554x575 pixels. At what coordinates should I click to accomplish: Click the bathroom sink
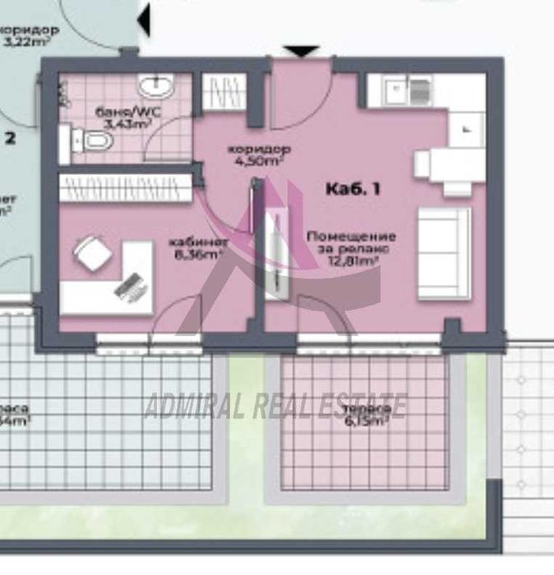(155, 86)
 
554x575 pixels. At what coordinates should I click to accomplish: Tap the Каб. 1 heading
(353, 189)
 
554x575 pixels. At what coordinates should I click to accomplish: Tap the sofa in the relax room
(443, 252)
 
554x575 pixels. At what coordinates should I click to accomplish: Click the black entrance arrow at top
(303, 52)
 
